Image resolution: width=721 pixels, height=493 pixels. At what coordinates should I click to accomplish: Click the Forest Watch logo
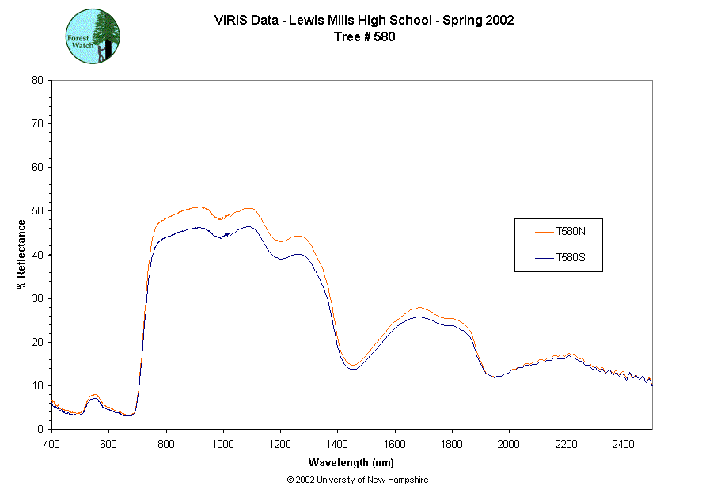click(93, 37)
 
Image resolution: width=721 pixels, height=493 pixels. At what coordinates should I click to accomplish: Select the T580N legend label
click(571, 232)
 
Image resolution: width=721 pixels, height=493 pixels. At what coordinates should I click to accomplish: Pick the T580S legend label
click(571, 258)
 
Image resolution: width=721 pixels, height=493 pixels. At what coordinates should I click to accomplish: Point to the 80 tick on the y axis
click(37, 80)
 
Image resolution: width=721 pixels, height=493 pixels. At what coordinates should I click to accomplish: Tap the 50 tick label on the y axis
click(37, 211)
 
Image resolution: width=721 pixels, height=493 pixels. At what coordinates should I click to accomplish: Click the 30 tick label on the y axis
click(37, 298)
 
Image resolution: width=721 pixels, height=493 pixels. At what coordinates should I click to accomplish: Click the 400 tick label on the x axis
click(51, 445)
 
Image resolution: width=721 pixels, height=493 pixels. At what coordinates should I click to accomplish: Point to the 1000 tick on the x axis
click(223, 445)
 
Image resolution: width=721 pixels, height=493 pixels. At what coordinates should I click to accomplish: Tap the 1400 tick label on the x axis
click(338, 445)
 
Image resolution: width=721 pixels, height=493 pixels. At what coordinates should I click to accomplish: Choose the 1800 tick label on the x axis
click(452, 445)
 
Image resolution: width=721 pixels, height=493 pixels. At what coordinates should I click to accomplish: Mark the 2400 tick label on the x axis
click(624, 445)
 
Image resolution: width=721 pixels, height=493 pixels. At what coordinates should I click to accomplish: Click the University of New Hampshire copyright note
click(358, 480)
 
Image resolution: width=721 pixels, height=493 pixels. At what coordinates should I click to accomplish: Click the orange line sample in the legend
click(542, 232)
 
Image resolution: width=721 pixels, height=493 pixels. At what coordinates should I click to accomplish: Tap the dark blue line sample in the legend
click(542, 258)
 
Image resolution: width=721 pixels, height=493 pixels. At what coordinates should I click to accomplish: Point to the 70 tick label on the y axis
click(37, 124)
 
